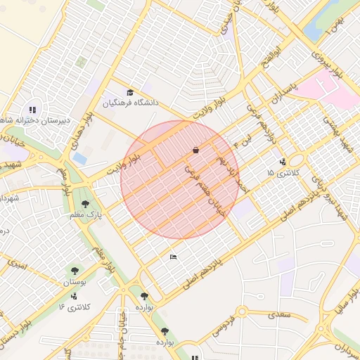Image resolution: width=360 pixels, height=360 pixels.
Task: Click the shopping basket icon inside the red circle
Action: pos(195,150)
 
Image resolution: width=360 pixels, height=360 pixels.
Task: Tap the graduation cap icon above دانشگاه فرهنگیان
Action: pos(129,92)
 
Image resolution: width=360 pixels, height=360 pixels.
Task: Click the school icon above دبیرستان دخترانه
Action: pos(32,109)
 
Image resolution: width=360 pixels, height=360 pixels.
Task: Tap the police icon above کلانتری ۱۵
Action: pos(283,161)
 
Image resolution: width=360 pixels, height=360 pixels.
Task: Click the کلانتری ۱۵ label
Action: pos(283,172)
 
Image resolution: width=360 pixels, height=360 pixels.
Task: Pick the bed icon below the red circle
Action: pos(174,257)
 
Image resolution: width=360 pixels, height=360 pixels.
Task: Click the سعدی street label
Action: pos(279,314)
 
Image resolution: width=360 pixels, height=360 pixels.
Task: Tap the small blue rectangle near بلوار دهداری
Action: pos(80,158)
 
